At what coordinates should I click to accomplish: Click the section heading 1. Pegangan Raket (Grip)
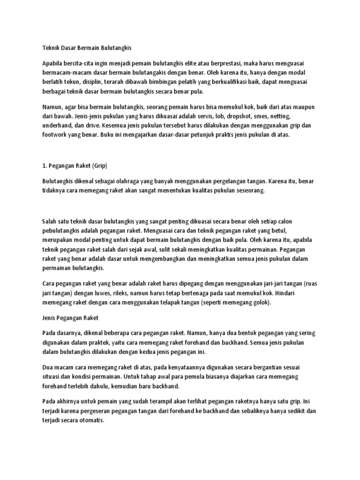(75, 165)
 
